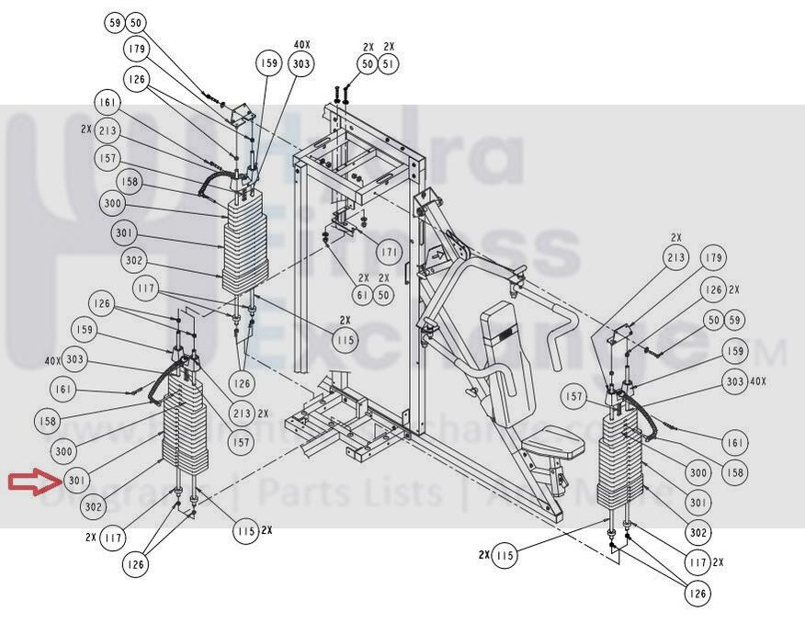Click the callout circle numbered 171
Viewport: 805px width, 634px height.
pos(389,252)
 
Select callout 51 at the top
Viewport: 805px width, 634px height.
pos(389,63)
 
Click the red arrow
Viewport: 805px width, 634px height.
pos(34,481)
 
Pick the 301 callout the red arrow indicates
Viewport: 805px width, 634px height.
pos(77,481)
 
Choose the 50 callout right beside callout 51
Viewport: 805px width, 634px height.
pos(368,63)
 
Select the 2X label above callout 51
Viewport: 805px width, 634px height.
pos(389,46)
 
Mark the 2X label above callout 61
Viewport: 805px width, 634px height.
pos(364,277)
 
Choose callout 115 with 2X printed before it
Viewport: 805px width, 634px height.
pos(504,556)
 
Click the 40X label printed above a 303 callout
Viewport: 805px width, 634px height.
pos(300,44)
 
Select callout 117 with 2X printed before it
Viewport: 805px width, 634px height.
pos(112,537)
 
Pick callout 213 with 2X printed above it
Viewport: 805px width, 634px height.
pos(675,258)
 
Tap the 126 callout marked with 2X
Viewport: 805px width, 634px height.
pos(713,289)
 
